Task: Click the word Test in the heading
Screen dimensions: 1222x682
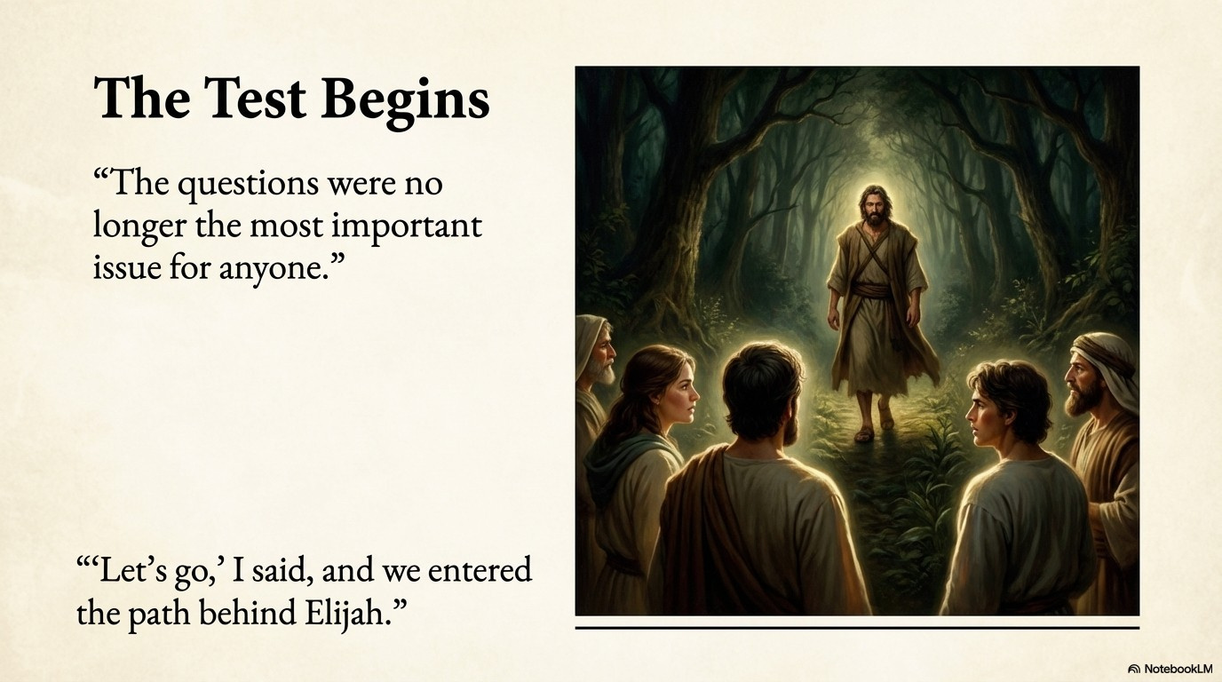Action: [255, 99]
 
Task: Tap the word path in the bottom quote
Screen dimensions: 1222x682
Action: [159, 615]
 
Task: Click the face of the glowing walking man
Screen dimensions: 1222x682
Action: [873, 208]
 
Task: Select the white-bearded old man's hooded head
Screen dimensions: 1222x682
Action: [595, 349]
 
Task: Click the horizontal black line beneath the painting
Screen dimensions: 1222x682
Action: [857, 628]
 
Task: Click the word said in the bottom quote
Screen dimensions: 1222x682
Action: [282, 571]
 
